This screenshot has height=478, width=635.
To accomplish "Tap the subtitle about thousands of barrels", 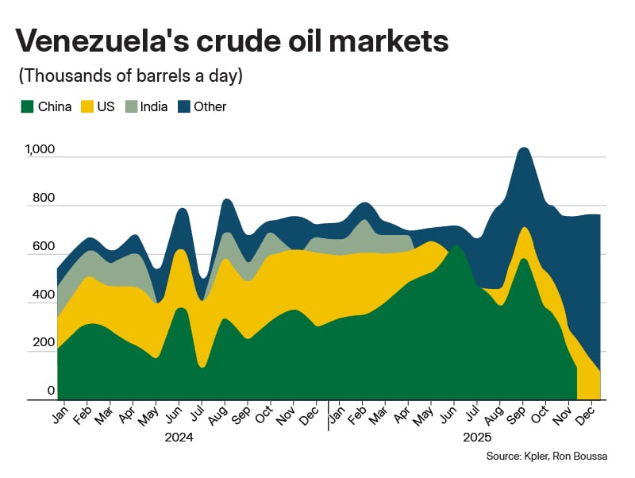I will [130, 76].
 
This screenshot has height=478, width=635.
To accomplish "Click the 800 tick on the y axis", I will [43, 199].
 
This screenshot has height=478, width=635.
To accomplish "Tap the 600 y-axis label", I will [43, 247].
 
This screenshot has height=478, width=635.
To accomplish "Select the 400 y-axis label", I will [43, 295].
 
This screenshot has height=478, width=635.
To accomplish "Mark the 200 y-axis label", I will [43, 344].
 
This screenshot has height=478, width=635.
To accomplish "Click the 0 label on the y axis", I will [50, 391].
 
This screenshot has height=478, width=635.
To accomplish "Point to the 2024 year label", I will [179, 438].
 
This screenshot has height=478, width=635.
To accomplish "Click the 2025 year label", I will [477, 438].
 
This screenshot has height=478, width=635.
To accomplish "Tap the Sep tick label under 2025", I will [521, 416].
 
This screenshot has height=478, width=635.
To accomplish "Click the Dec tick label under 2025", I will [591, 416].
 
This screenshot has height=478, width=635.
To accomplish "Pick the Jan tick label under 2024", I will [60, 416].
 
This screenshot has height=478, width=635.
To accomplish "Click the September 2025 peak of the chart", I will [522, 148].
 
